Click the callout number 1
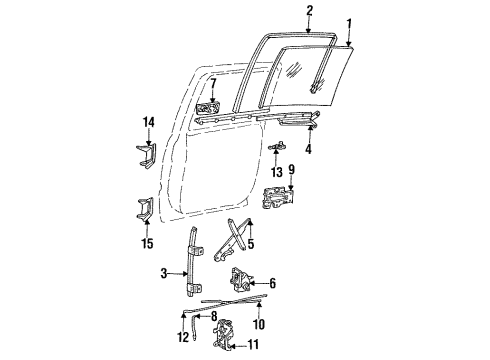[350, 23]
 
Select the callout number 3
[163, 272]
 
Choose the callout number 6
[272, 283]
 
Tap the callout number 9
[291, 170]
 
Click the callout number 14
[148, 122]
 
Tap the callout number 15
[148, 242]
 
